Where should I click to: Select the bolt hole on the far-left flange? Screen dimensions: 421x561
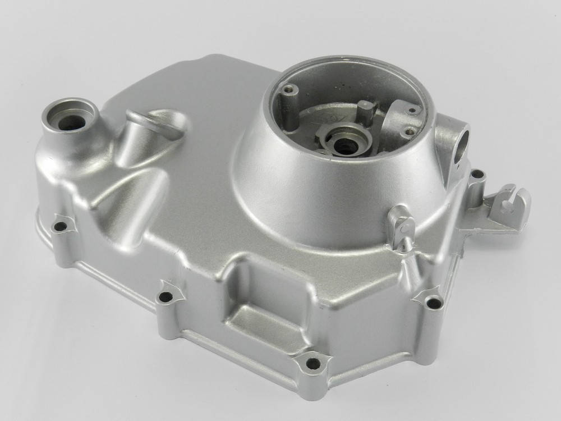tap(59, 227)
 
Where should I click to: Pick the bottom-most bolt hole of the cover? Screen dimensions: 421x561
tap(313, 363)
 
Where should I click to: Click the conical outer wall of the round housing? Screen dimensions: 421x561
tap(314, 191)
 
